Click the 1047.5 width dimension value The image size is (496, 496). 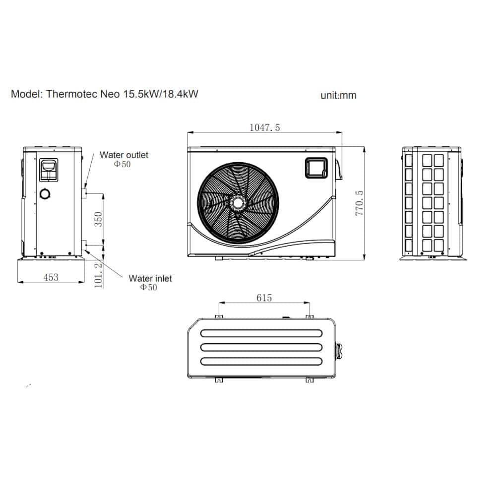(x=264, y=127)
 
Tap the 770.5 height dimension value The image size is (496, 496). (x=360, y=202)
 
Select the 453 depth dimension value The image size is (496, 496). (x=51, y=277)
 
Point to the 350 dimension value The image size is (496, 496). (x=98, y=219)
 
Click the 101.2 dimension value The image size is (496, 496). (x=98, y=276)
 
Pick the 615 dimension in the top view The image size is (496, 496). (x=264, y=298)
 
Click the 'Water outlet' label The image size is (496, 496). (x=124, y=155)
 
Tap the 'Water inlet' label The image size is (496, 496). (x=150, y=279)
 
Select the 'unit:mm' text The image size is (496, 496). (x=338, y=95)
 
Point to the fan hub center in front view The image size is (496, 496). (x=238, y=203)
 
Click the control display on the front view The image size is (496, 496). (x=315, y=167)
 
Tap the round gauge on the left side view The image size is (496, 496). (x=45, y=194)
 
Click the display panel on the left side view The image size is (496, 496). (x=49, y=170)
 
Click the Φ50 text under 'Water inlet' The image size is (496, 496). (x=148, y=287)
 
